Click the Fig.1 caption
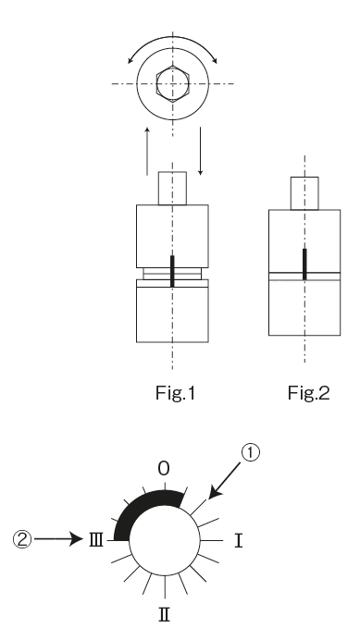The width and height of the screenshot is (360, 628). (x=173, y=390)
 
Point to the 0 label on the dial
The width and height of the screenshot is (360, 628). (x=163, y=470)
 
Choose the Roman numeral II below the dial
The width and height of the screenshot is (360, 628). (x=164, y=610)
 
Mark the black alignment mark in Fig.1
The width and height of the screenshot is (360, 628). (x=172, y=271)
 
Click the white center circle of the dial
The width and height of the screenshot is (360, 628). (x=164, y=540)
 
